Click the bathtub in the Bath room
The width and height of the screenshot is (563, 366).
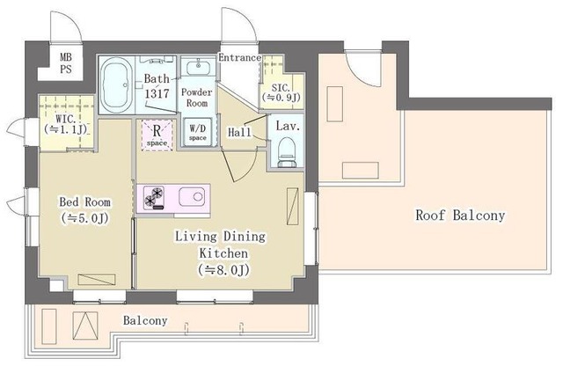tap(115, 85)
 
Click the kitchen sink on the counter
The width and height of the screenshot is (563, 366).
tap(192, 196)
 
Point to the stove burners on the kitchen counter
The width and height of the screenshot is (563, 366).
tap(154, 198)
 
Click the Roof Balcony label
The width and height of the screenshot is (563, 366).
tap(460, 216)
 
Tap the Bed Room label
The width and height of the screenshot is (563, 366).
tap(85, 201)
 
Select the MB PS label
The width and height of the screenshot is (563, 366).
tap(66, 62)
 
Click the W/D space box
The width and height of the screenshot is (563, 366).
tap(198, 132)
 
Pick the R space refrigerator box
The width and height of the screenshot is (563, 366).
tap(157, 135)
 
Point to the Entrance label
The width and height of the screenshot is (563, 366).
tap(239, 57)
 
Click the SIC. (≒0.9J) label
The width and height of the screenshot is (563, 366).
tap(281, 92)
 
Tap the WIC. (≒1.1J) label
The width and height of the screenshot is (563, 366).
tap(66, 124)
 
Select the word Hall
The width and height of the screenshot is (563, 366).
tap(240, 132)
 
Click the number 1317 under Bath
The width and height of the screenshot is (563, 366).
tap(157, 94)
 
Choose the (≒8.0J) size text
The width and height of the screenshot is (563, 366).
tap(223, 270)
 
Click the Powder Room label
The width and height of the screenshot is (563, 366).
tap(197, 98)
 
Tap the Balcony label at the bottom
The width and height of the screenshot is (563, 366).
tap(145, 320)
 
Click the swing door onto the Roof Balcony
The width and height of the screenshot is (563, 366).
tap(362, 67)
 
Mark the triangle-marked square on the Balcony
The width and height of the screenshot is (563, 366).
tap(85, 326)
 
